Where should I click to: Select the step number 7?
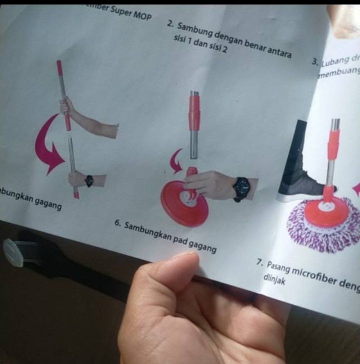point(259,262)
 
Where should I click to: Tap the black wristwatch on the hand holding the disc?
point(241,188)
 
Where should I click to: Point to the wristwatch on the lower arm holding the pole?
point(89,181)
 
